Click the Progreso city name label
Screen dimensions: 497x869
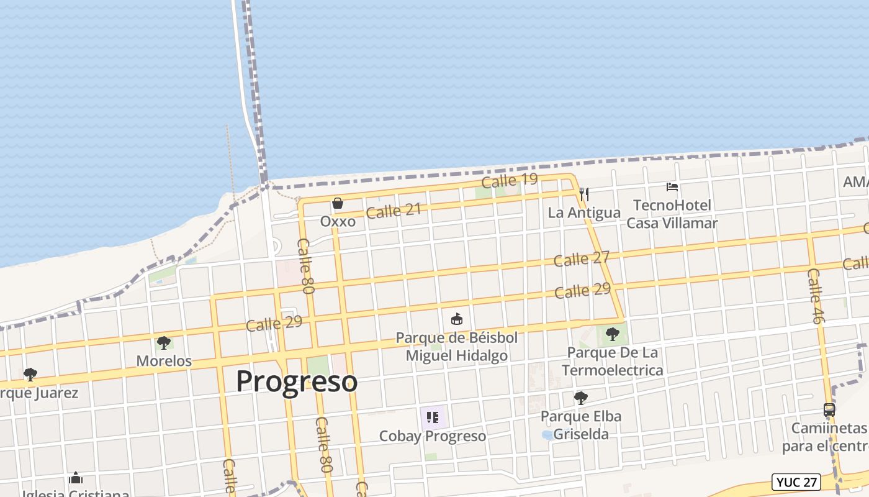tap(297, 381)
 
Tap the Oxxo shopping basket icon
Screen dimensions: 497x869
tap(337, 203)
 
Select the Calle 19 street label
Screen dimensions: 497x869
tap(509, 181)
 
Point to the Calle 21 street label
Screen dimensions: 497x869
tap(393, 211)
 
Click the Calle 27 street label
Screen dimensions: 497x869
tap(581, 258)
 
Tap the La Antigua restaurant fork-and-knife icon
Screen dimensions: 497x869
tap(583, 194)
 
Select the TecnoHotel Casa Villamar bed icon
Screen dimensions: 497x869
tap(672, 186)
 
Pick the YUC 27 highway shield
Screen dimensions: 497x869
tap(796, 481)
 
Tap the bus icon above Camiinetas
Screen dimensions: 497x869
tap(829, 410)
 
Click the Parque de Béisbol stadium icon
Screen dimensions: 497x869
tap(457, 319)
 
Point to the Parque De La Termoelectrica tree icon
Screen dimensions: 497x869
tap(613, 334)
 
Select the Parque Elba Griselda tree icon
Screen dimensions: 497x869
tap(581, 398)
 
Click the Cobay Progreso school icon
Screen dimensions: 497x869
tap(433, 417)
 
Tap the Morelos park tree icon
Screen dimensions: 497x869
tap(164, 343)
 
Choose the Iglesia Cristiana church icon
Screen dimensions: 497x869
tap(76, 478)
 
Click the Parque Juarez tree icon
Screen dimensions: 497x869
tap(30, 375)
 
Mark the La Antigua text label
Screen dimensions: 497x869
tap(583, 212)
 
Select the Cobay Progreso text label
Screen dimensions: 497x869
tap(433, 436)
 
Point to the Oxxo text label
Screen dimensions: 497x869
tap(338, 221)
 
